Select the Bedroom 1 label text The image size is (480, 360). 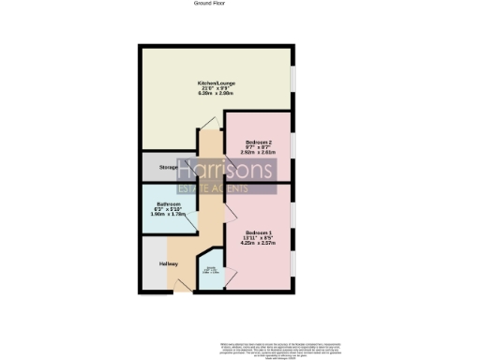(259, 232)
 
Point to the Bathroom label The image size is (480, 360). (169, 204)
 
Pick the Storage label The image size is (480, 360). (168, 167)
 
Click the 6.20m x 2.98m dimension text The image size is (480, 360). (215, 94)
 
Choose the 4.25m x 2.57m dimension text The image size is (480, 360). (259, 244)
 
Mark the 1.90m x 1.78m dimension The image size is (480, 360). (169, 216)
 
